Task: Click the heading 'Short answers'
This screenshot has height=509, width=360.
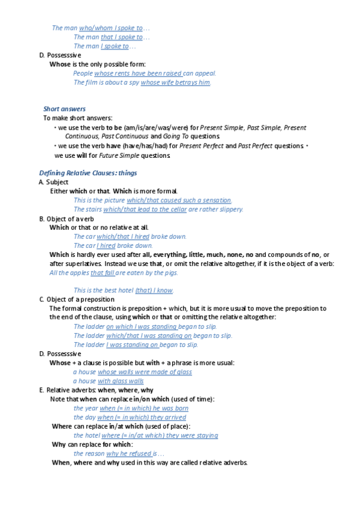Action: point(64,109)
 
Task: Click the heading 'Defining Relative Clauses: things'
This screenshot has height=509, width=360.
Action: point(88,173)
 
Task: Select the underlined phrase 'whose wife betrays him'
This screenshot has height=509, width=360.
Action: point(175,82)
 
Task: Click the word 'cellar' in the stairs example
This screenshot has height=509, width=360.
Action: point(175,209)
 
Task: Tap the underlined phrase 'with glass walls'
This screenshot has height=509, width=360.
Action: point(121,381)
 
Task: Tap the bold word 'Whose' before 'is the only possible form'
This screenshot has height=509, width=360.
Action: point(60,64)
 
